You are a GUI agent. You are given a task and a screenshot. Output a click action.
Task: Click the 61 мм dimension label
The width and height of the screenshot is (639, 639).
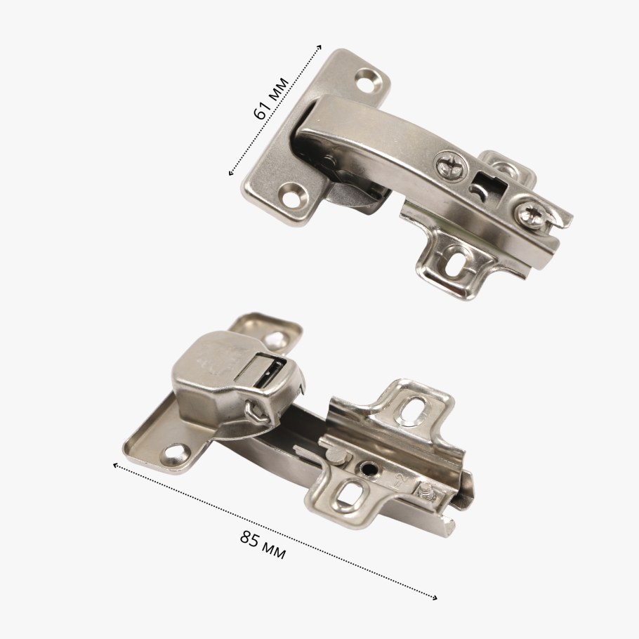[271, 98]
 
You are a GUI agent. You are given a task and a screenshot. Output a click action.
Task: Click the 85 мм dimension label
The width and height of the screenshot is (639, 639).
[263, 545]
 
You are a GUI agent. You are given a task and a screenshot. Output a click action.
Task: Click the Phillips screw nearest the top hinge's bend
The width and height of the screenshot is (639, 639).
[451, 166]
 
